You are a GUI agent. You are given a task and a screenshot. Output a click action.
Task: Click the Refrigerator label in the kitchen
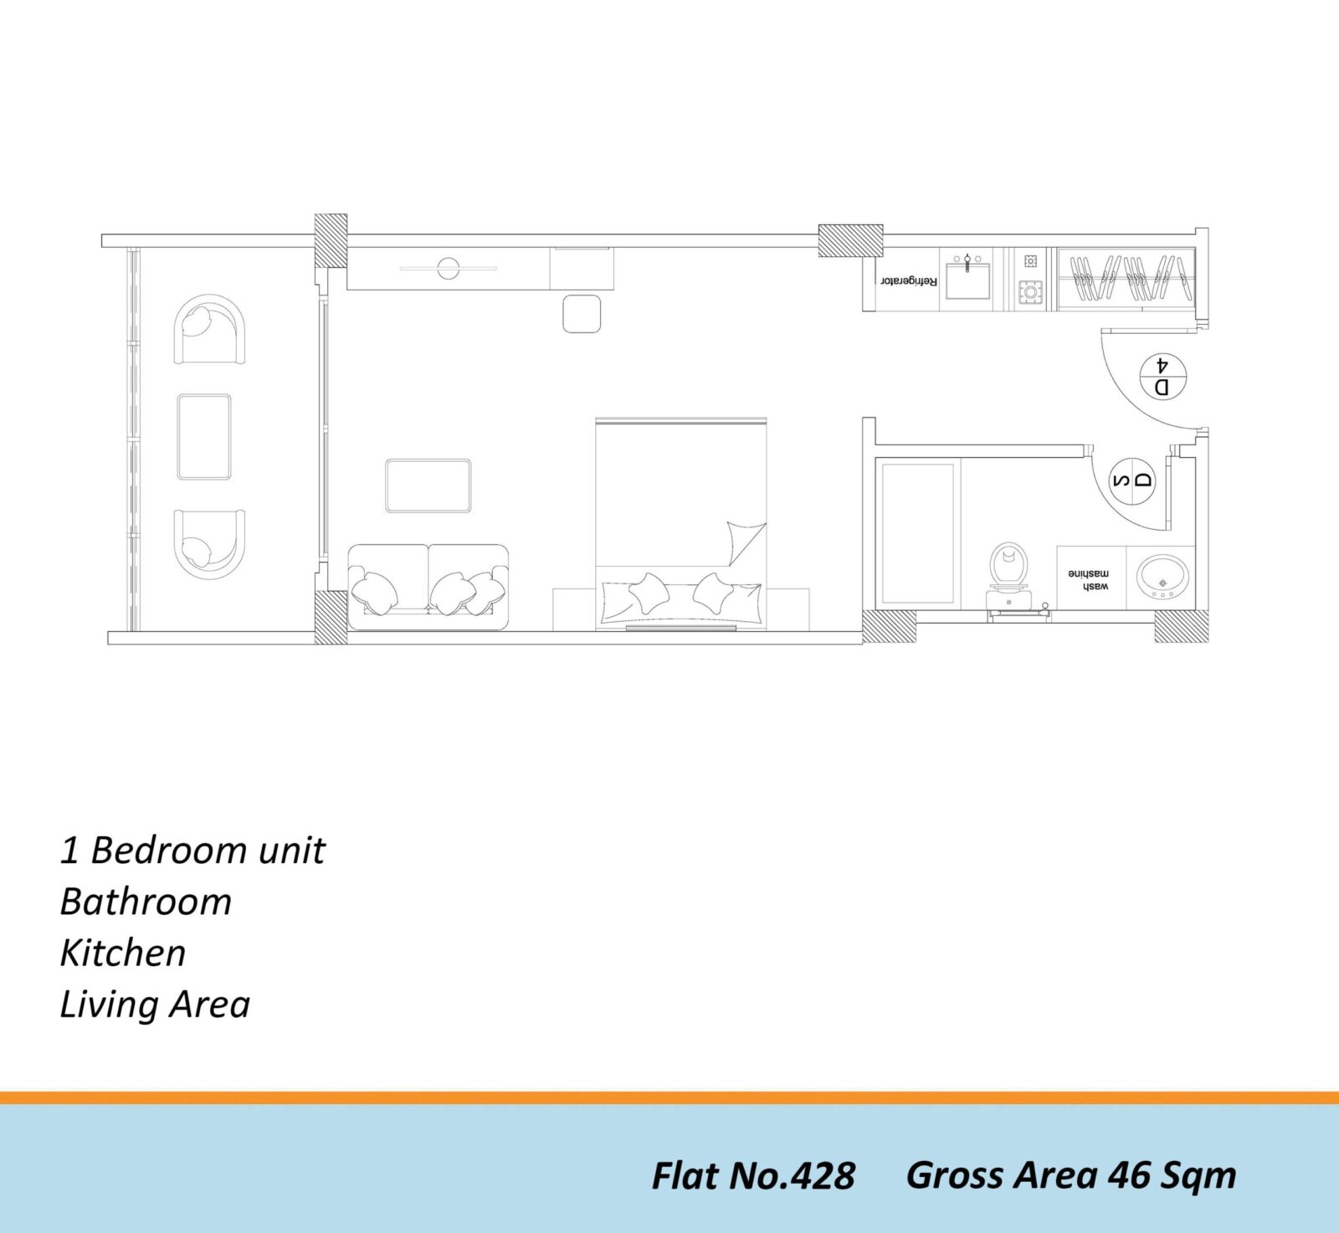tap(908, 280)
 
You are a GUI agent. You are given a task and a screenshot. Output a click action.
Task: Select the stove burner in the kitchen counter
tap(1031, 292)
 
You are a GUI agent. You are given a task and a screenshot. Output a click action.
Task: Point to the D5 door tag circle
tap(1132, 481)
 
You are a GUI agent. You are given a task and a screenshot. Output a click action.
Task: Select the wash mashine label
tap(1089, 579)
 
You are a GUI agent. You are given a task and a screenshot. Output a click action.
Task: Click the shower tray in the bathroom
tap(918, 532)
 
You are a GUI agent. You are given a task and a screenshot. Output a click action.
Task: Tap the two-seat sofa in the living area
tap(428, 587)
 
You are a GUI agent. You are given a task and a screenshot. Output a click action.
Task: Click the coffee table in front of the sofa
tap(428, 485)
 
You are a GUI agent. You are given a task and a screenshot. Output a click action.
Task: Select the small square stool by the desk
tap(582, 314)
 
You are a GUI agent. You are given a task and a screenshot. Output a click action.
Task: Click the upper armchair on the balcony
tap(209, 329)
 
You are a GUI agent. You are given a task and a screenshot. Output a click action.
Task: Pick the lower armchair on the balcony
tap(209, 542)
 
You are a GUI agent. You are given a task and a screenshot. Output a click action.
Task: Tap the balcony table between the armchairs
tap(204, 437)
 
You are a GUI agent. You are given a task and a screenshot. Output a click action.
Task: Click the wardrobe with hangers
tap(1126, 279)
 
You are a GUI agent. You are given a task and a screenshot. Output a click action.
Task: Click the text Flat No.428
tap(753, 1176)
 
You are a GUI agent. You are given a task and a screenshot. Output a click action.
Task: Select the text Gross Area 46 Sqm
tap(1071, 1175)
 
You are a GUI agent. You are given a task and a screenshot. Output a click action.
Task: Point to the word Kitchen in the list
tap(123, 953)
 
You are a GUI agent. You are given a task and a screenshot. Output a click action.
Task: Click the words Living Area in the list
tap(155, 1004)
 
